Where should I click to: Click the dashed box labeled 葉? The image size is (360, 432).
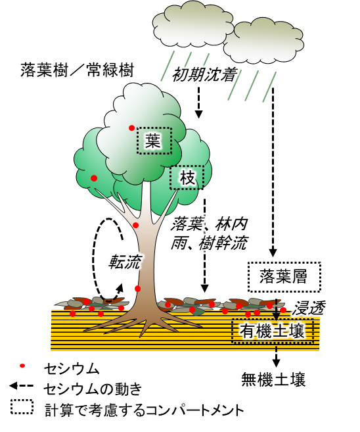(x=154, y=140)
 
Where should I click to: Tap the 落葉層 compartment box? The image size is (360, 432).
(x=284, y=276)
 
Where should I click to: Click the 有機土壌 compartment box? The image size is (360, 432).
(x=272, y=331)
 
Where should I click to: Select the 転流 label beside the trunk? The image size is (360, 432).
(x=125, y=262)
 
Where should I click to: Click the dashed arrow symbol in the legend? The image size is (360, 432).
(x=22, y=387)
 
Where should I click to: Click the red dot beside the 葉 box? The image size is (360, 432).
(x=132, y=128)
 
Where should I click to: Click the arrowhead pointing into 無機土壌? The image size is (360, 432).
(x=277, y=363)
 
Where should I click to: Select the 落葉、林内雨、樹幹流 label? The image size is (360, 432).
(x=210, y=234)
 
